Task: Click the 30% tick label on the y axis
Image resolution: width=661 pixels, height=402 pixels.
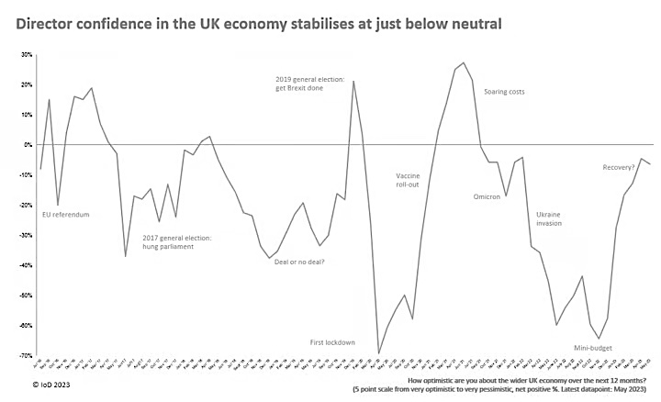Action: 26,55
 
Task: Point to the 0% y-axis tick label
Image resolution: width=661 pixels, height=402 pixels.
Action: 28,145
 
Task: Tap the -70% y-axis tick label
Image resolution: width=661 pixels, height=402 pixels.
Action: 25,355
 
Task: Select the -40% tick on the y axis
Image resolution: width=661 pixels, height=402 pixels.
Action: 25,265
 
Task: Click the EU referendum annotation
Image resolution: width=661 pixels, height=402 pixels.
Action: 66,215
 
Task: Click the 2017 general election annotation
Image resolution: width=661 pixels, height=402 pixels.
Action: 176,243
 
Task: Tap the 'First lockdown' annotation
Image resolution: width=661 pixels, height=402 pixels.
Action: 331,342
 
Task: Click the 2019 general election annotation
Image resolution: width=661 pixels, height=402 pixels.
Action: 309,84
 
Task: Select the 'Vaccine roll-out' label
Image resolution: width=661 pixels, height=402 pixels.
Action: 408,181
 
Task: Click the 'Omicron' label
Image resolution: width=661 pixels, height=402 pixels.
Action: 486,195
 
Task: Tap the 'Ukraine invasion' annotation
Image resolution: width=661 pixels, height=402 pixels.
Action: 549,218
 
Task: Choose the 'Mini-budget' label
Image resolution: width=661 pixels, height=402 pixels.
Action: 593,348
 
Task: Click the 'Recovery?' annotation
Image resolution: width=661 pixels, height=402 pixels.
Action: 620,167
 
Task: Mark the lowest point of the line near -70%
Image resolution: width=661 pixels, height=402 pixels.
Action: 378,353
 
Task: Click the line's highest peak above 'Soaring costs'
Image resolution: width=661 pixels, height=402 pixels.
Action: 464,62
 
